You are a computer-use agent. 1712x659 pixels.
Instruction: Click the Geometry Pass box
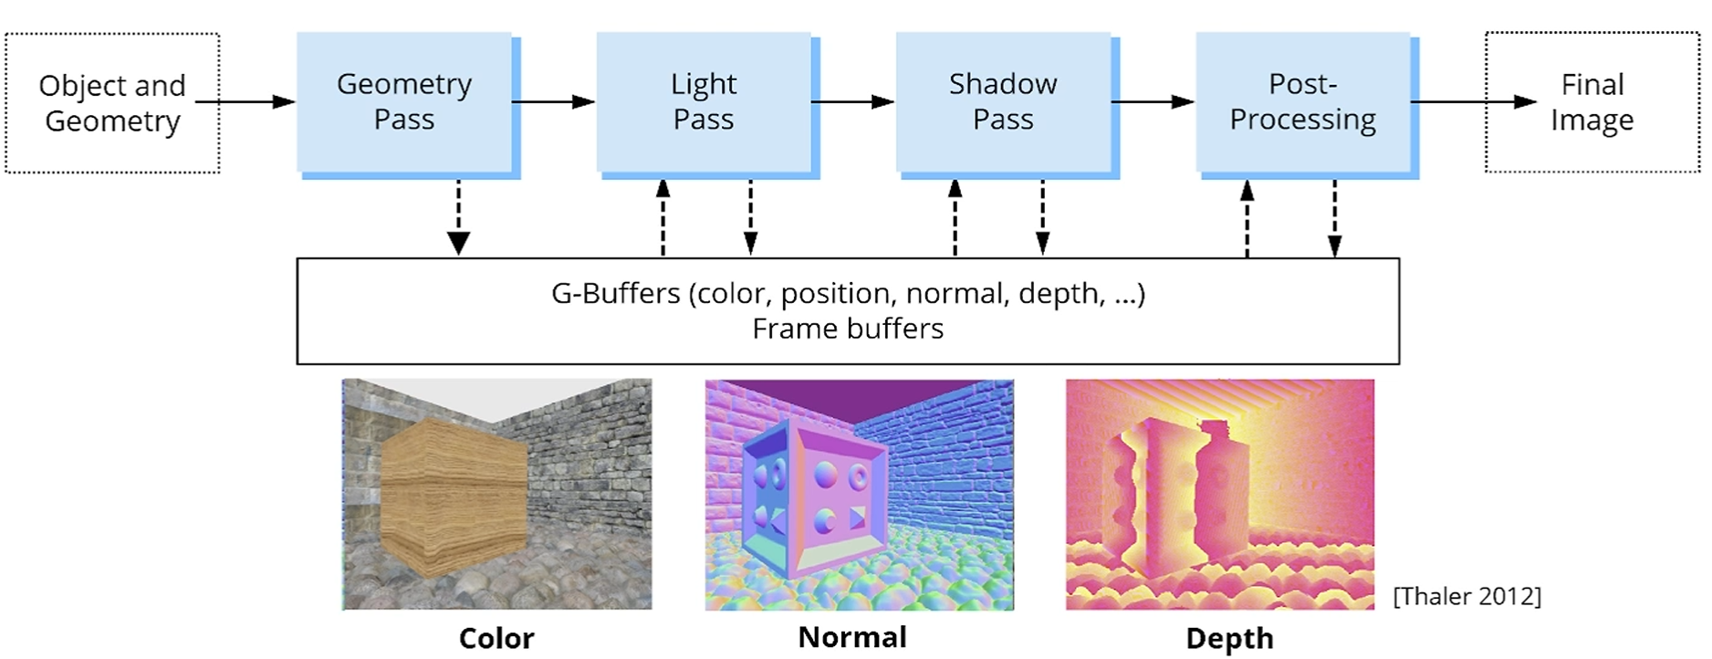tap(404, 102)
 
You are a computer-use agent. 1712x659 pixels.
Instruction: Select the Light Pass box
tap(704, 102)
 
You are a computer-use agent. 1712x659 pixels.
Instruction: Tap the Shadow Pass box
tap(1003, 102)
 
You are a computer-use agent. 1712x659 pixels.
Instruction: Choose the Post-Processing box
tap(1302, 102)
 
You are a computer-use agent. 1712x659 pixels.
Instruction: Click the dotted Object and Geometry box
tap(112, 103)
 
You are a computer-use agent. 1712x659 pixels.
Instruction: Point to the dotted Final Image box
tap(1592, 102)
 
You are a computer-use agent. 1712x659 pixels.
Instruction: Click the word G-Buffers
tap(615, 294)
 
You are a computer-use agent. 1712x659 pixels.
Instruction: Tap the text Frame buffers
tap(848, 329)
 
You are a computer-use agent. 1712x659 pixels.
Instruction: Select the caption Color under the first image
tap(496, 638)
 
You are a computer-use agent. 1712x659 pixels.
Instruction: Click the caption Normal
tap(852, 637)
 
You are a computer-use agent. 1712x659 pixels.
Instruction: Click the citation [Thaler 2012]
tap(1467, 596)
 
